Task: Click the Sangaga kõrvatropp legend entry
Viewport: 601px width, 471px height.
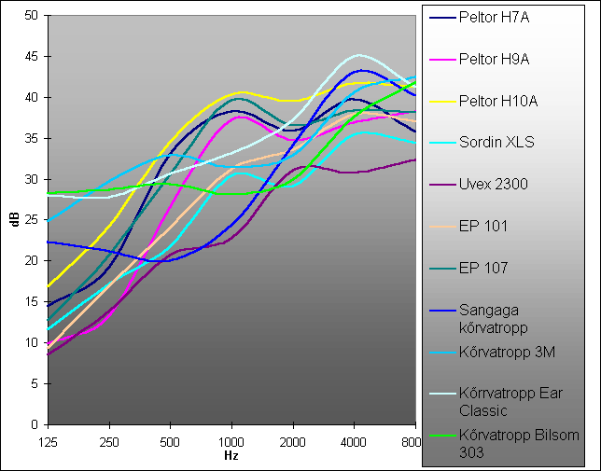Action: click(x=494, y=319)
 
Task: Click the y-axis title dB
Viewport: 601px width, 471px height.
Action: click(x=16, y=220)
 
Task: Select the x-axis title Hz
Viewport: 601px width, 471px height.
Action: click(x=231, y=456)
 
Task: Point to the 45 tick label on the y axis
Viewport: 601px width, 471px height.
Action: click(x=31, y=57)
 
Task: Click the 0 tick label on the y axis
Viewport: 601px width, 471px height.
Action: click(x=35, y=424)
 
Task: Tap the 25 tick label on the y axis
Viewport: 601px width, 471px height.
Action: click(x=31, y=220)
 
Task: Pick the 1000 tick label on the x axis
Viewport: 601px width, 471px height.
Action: click(x=231, y=443)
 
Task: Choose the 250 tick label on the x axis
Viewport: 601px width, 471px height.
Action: click(x=109, y=443)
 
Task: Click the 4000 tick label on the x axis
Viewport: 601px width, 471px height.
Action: click(x=354, y=443)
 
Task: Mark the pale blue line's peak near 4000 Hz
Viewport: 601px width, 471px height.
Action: click(x=358, y=55)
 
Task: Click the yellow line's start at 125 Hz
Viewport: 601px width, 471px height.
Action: click(x=49, y=286)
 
